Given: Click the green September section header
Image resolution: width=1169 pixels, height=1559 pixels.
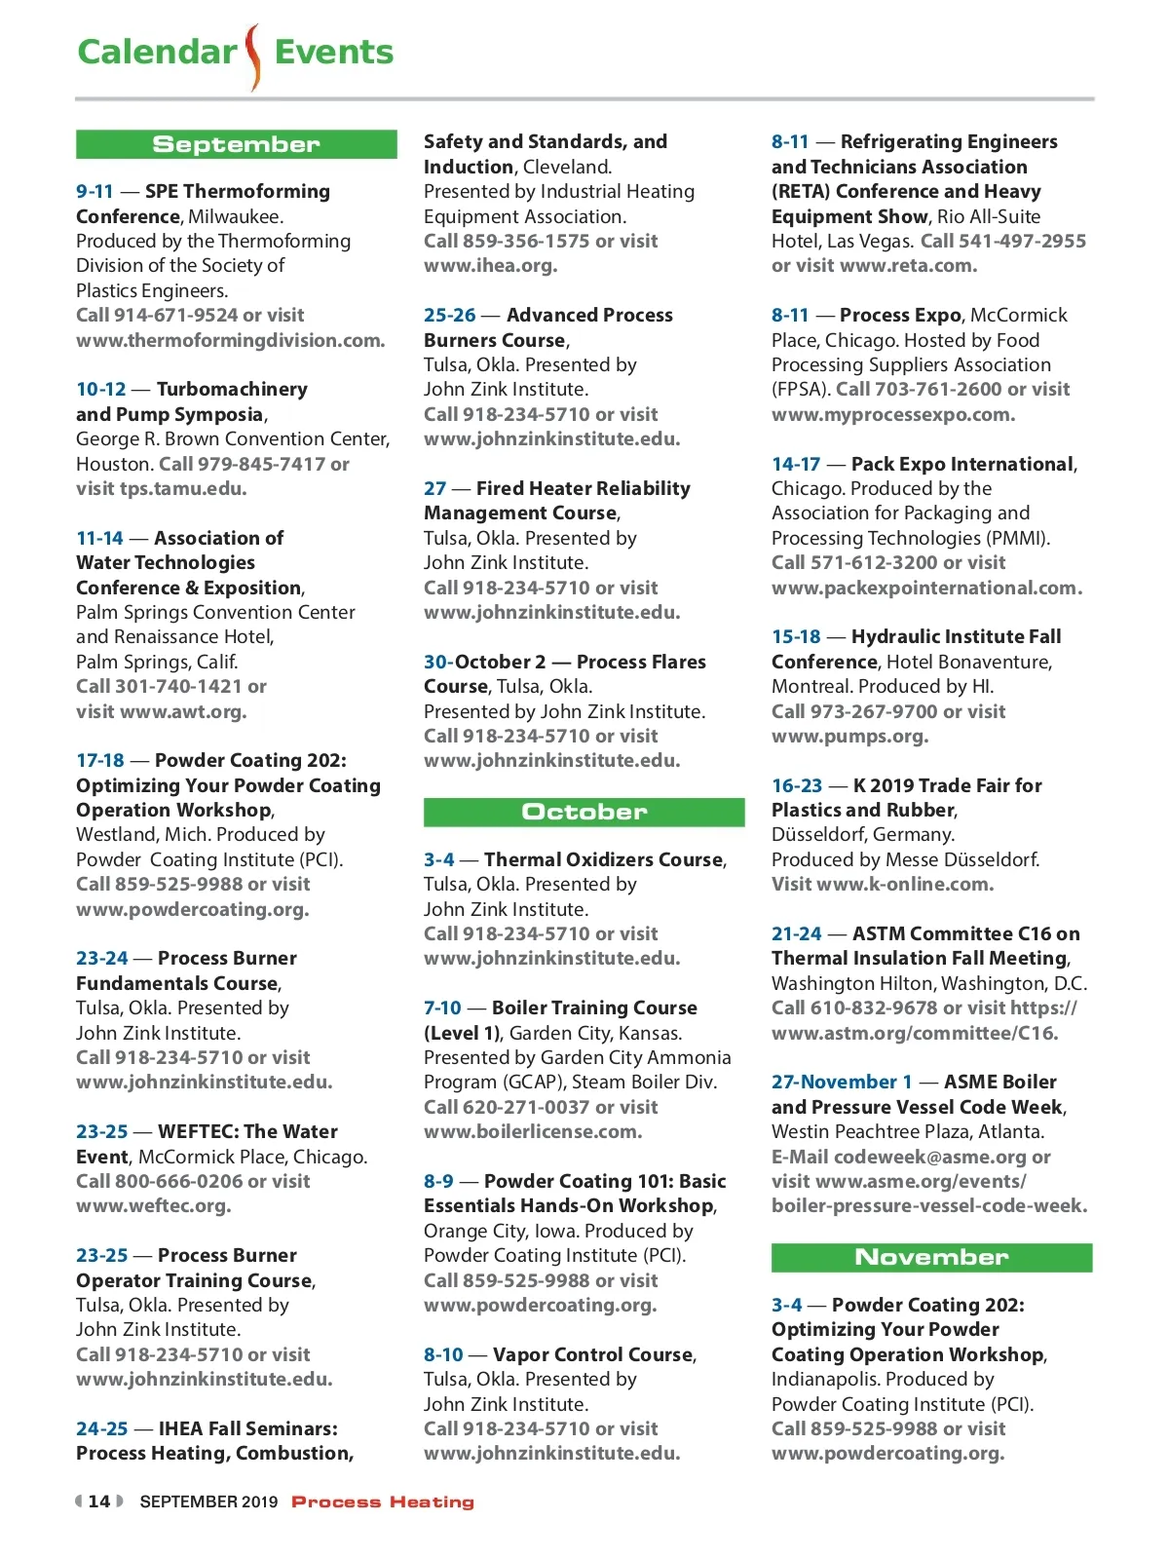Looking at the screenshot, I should coord(236,144).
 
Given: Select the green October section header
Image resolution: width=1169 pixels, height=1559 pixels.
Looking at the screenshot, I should coord(584,812).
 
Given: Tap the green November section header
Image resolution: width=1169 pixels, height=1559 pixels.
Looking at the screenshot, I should coord(931,1257).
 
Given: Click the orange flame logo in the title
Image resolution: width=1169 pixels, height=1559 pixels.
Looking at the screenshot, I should coord(253,57).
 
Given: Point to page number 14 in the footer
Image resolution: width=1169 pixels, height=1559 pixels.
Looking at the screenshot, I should coord(99,1502).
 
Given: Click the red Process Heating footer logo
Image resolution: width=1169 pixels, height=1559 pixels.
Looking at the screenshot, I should coord(383,1502).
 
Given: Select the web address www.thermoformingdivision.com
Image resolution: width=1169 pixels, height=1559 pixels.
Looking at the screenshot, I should coord(230,340).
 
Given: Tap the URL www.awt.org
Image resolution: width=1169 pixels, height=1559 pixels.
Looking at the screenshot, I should coord(183,711).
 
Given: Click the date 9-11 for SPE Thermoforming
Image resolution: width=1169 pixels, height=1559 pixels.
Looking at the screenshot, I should coord(94,191).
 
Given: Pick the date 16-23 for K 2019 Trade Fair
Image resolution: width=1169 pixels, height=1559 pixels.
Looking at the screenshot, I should coord(797,785).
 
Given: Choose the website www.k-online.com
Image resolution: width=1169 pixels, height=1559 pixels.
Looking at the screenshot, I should coord(905,884).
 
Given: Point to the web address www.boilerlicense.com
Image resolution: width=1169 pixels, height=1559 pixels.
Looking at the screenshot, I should coord(532,1131).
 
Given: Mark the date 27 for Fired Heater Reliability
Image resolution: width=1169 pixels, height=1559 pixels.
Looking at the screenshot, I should coord(434,488).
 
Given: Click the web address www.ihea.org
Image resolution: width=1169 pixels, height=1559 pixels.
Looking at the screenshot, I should coord(490,265).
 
